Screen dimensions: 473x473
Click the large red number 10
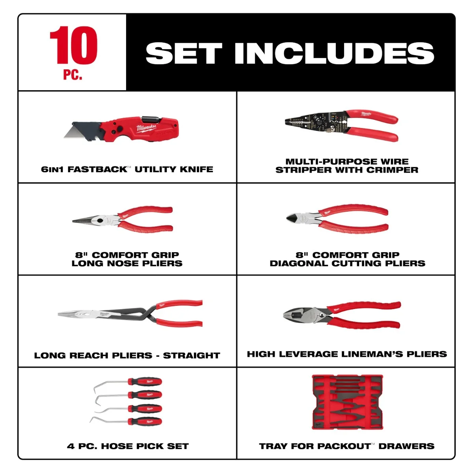[x=73, y=45]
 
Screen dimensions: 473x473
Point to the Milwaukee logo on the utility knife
[x=147, y=127]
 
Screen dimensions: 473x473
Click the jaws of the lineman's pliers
[x=293, y=314]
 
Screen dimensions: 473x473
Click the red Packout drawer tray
[x=347, y=402]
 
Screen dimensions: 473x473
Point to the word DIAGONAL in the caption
[x=301, y=263]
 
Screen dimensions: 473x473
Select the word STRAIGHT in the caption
[x=191, y=356]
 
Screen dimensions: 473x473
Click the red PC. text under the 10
[x=73, y=75]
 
